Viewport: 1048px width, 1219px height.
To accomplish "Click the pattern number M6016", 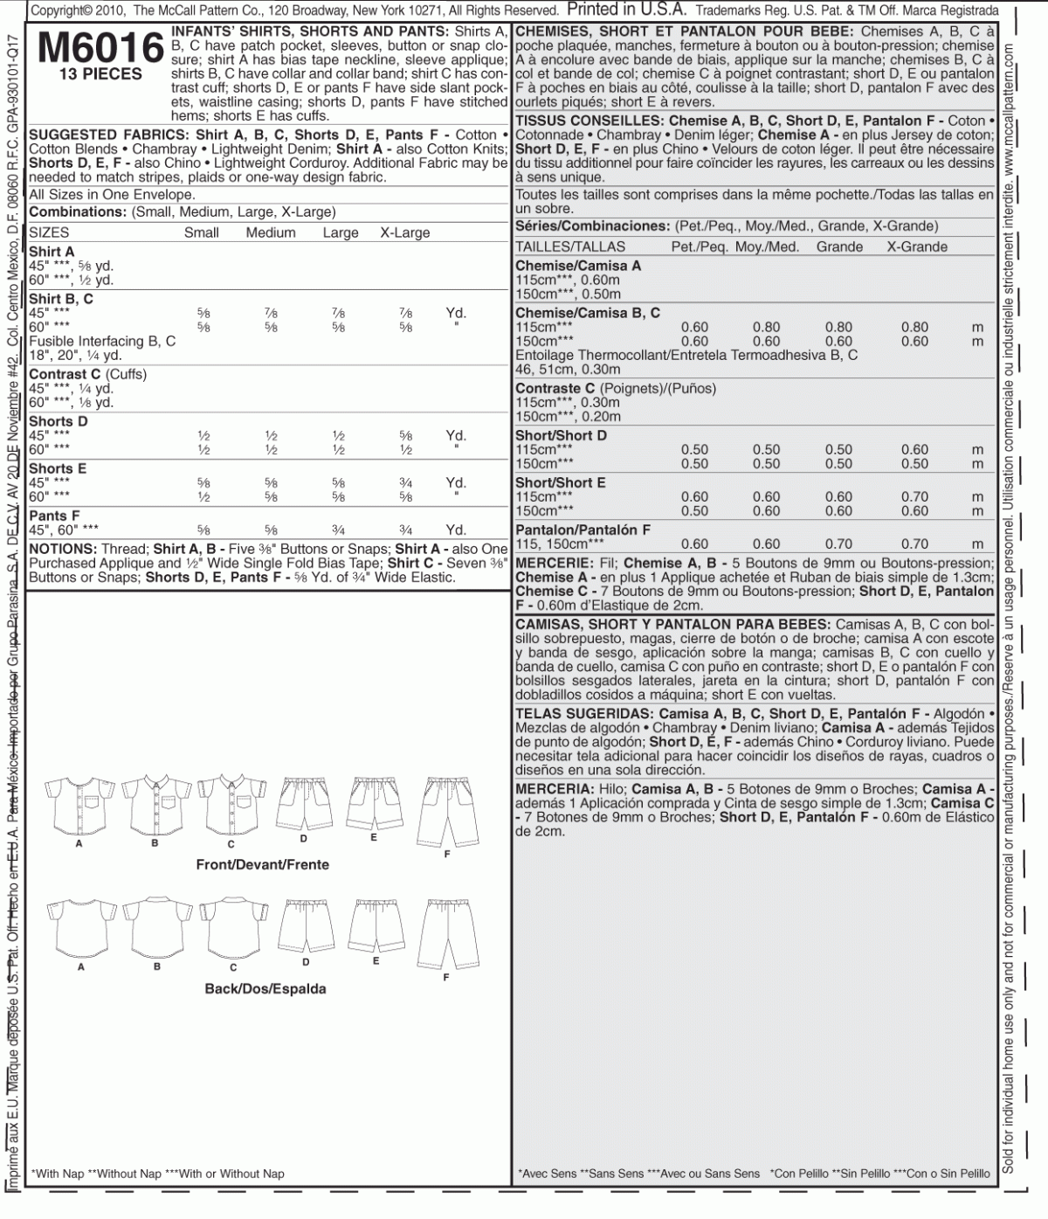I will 100,48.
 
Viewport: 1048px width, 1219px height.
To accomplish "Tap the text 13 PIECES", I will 100,74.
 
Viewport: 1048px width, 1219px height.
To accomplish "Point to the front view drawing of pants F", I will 446,808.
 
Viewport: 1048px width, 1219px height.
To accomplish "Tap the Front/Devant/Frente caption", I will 262,864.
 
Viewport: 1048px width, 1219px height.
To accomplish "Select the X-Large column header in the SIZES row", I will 404,232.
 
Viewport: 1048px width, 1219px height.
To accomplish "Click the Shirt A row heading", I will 52,252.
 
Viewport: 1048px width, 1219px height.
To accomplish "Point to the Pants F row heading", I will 54,516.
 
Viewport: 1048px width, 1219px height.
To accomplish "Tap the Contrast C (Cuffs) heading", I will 87,374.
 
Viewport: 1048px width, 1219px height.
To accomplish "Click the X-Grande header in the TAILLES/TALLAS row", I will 917,246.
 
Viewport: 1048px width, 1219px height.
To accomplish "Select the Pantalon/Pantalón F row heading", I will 583,530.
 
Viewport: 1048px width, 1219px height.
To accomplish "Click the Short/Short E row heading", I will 560,482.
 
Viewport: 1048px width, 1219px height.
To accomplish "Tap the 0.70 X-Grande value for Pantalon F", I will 915,544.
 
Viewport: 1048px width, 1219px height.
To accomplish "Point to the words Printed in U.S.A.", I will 626,10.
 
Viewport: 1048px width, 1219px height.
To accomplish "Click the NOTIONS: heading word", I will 62,549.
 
